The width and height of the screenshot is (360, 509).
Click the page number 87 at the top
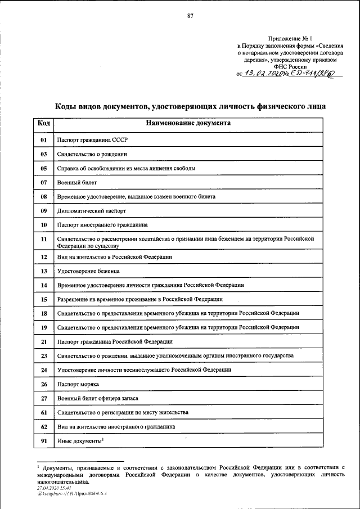tap(190, 16)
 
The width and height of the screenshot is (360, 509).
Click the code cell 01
tap(43, 138)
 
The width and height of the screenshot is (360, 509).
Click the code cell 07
tap(43, 183)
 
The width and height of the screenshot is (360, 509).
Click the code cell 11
tap(43, 242)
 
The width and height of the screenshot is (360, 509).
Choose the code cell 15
tap(43, 299)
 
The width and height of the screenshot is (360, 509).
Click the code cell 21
tap(43, 341)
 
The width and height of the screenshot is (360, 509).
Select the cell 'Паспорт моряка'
tap(78, 384)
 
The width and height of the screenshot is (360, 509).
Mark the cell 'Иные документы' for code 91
tap(80, 441)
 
